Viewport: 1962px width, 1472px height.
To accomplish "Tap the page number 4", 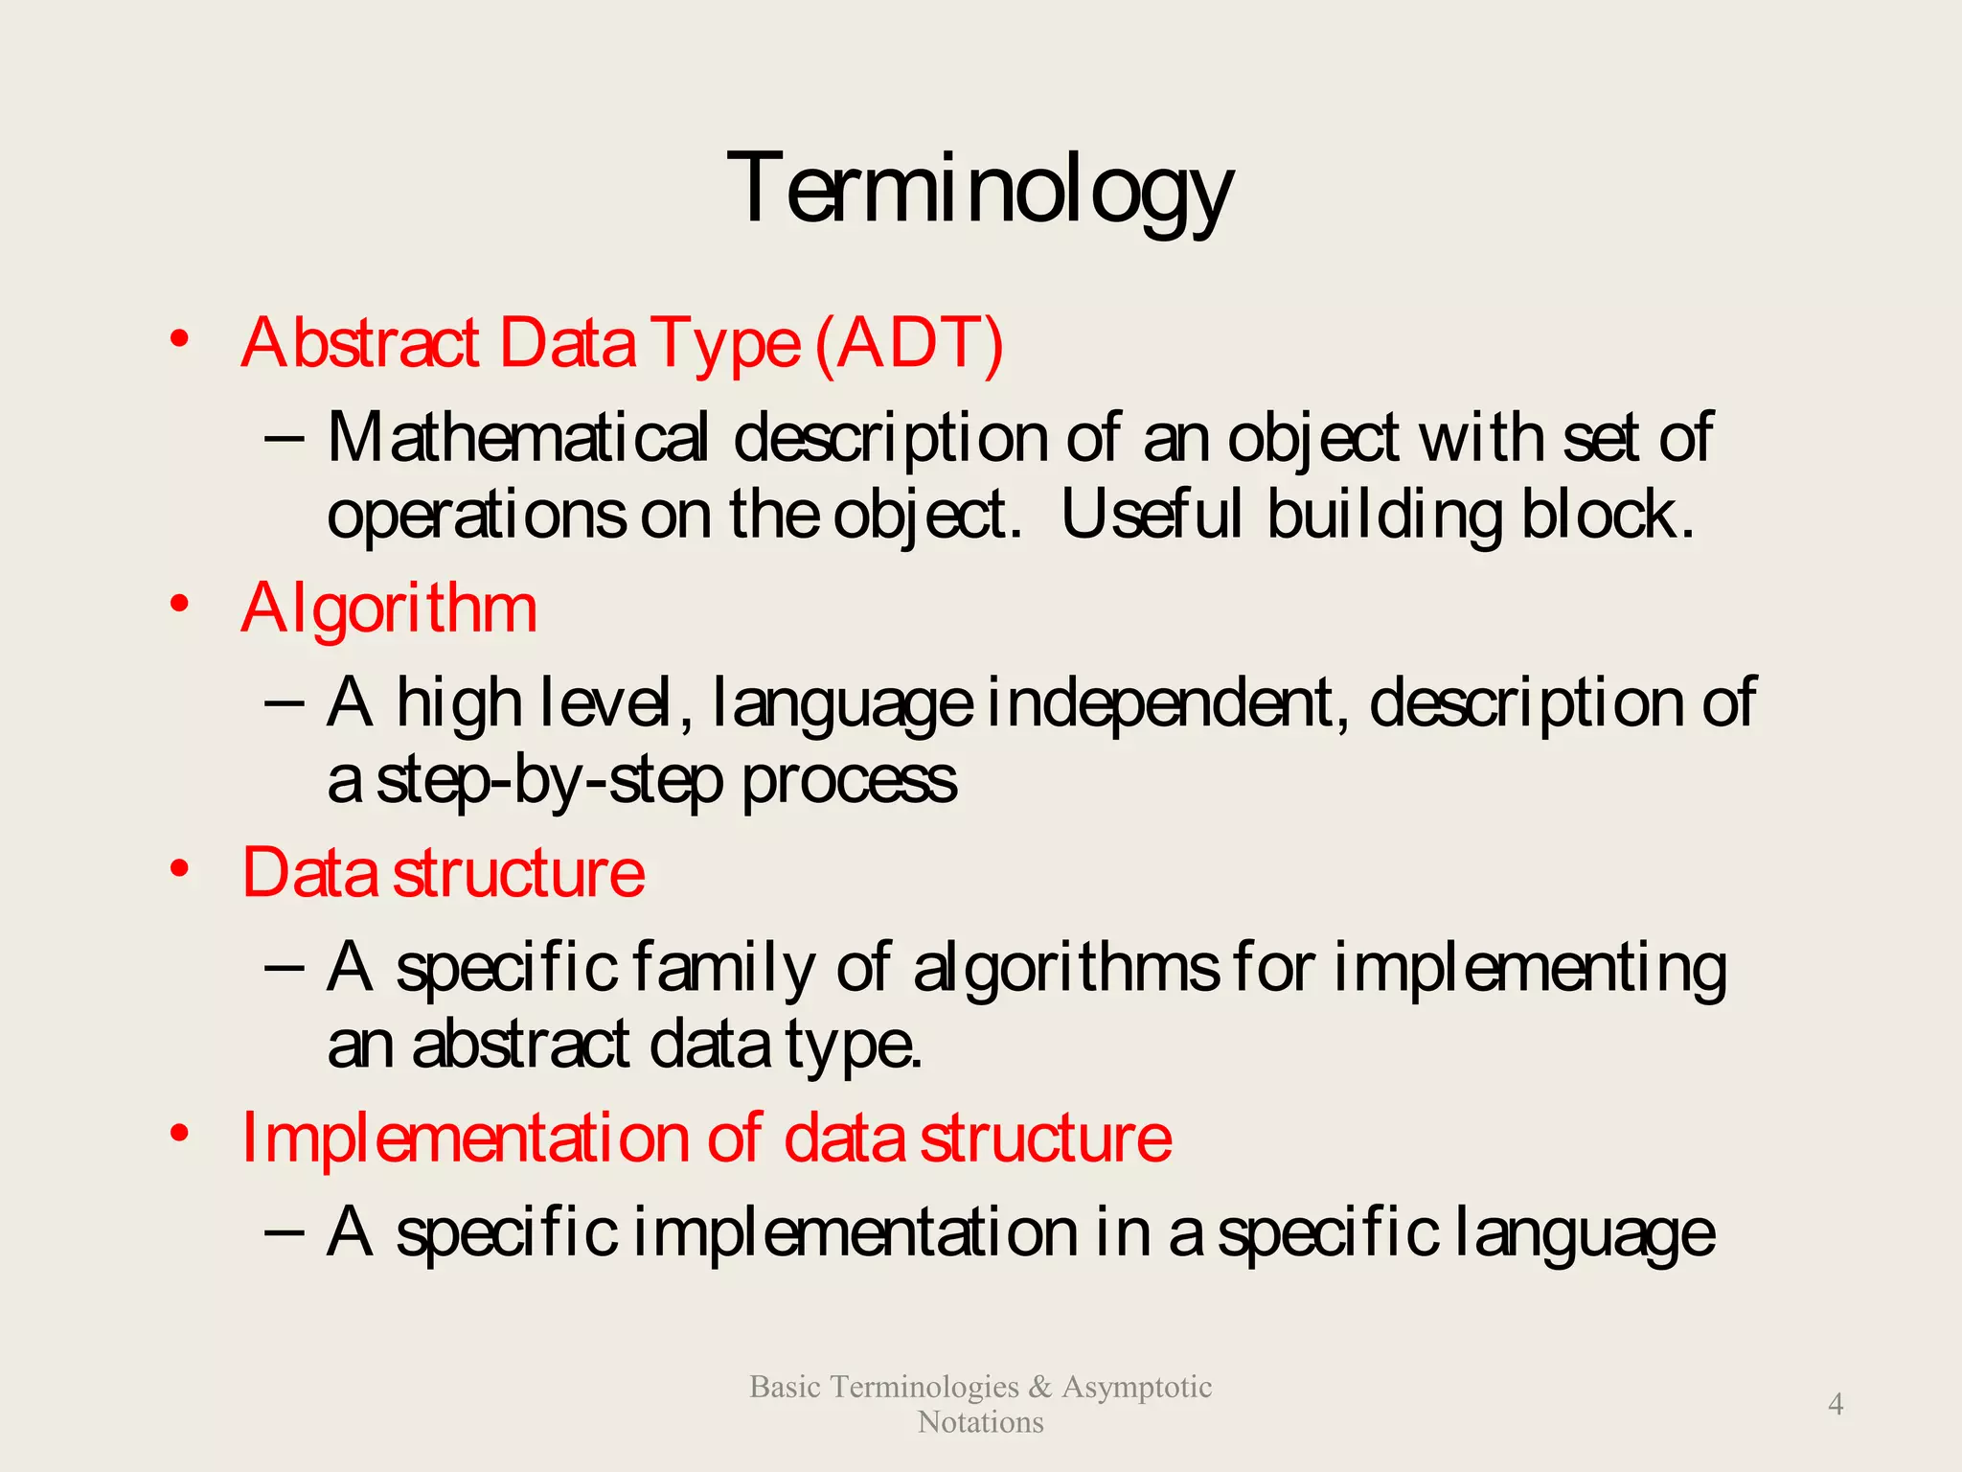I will click(x=1836, y=1404).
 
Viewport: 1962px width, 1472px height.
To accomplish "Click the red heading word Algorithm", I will click(x=389, y=609).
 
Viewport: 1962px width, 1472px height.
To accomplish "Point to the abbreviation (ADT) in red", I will click(x=909, y=343).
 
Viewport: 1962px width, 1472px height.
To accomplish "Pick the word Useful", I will click(x=1152, y=515).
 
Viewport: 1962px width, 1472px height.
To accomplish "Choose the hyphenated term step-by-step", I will click(x=549, y=780).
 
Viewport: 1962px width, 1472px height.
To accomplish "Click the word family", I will click(x=723, y=967).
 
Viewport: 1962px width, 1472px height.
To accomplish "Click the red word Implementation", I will click(x=465, y=1138).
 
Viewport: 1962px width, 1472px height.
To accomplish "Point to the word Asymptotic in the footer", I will click(x=1136, y=1387).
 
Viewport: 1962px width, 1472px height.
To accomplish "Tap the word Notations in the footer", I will click(x=980, y=1422).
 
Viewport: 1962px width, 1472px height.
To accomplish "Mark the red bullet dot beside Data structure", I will click(x=179, y=868).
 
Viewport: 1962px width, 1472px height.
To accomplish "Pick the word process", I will click(x=850, y=780).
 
